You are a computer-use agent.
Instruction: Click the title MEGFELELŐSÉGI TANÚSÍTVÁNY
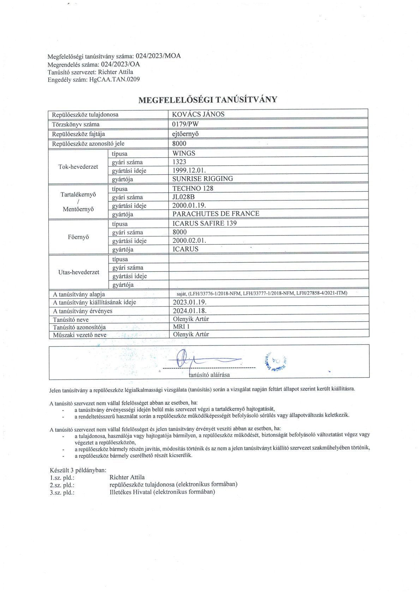(x=208, y=100)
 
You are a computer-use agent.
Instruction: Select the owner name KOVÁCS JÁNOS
(x=198, y=114)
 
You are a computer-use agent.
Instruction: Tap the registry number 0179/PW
(x=185, y=124)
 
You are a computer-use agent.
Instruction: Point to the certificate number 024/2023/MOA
(x=158, y=56)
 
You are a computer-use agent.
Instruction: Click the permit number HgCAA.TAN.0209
(x=114, y=79)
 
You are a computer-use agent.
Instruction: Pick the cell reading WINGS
(x=184, y=154)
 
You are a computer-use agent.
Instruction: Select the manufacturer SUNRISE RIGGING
(x=203, y=179)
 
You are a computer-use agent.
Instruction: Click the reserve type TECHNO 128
(x=193, y=188)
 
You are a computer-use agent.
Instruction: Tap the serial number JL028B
(x=184, y=197)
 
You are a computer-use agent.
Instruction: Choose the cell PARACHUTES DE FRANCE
(x=216, y=214)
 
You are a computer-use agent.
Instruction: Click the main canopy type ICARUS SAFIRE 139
(x=204, y=223)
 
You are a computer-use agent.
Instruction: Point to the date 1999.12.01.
(x=189, y=170)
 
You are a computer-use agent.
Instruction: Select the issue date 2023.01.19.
(x=190, y=302)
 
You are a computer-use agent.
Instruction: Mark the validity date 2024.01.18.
(x=190, y=311)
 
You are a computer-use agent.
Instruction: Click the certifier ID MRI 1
(x=181, y=327)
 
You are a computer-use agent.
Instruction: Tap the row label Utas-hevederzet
(x=79, y=272)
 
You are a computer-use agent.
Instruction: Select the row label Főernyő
(x=78, y=237)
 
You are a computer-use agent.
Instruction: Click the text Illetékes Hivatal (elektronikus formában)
(x=162, y=492)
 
